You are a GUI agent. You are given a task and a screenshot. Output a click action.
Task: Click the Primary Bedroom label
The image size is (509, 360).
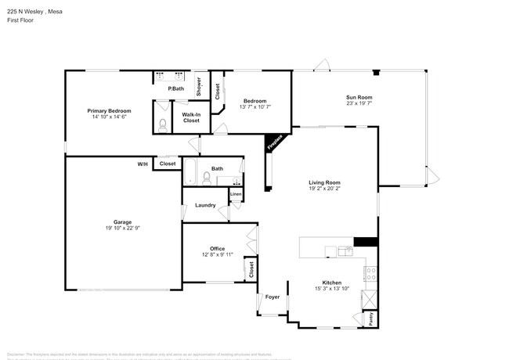point(109,111)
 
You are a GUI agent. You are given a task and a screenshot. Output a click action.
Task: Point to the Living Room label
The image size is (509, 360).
point(323,182)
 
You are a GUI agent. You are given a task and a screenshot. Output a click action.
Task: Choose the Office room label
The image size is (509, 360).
point(217,249)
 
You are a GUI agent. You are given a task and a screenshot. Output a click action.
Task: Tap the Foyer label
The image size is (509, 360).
point(273,297)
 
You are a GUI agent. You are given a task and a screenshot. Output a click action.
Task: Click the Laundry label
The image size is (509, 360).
point(205,206)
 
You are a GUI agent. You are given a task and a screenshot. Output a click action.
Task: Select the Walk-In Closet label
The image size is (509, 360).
point(192,118)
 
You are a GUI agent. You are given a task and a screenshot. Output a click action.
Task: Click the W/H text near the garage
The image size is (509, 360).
point(143,164)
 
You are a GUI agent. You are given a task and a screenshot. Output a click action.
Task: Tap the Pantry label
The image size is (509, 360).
point(371,319)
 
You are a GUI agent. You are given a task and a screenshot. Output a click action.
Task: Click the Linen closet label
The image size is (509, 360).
point(235,193)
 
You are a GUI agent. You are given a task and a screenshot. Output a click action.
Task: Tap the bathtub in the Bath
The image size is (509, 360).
point(191,173)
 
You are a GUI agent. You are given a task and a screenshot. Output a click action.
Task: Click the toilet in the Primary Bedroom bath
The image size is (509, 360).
point(161,125)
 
